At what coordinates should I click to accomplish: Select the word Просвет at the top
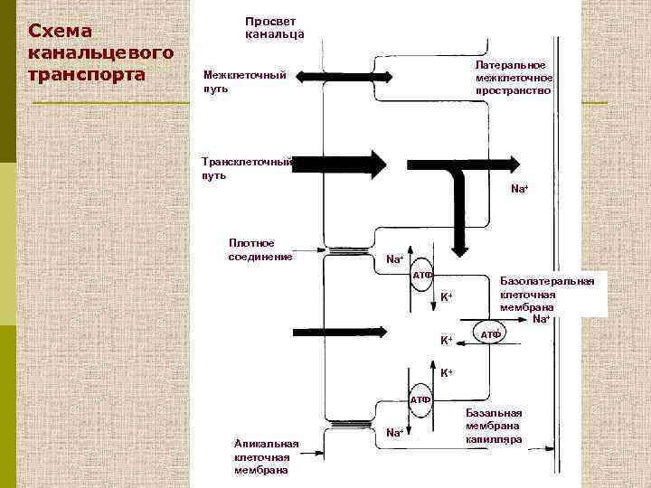tap(269, 21)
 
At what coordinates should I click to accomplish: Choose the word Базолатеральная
tap(547, 281)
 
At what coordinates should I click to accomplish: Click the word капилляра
tap(494, 439)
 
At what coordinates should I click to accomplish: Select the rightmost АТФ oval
tap(490, 333)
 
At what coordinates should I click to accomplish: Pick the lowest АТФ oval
tap(419, 399)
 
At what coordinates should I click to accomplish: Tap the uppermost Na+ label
tap(519, 189)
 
